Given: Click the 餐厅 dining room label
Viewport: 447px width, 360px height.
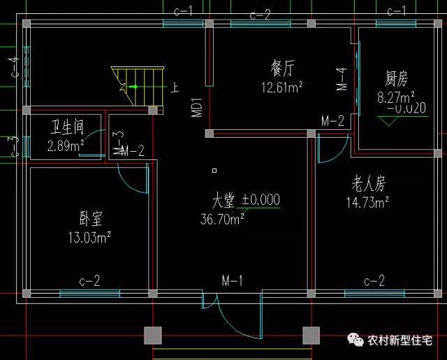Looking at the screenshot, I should tap(281, 69).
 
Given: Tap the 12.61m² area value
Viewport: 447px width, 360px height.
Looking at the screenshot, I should tap(281, 87).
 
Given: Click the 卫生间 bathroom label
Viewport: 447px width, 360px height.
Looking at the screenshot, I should tap(67, 128).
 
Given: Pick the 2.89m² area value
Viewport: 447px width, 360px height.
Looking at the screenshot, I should tap(66, 146).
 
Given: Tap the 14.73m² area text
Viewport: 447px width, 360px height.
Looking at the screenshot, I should tap(367, 203).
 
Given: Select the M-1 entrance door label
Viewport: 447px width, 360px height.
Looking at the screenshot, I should tap(232, 281).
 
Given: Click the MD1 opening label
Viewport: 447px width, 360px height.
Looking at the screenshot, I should tap(197, 107).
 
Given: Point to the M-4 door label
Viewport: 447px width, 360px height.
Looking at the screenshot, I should tap(342, 79).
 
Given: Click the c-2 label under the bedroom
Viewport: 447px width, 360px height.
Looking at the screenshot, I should tap(89, 281).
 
